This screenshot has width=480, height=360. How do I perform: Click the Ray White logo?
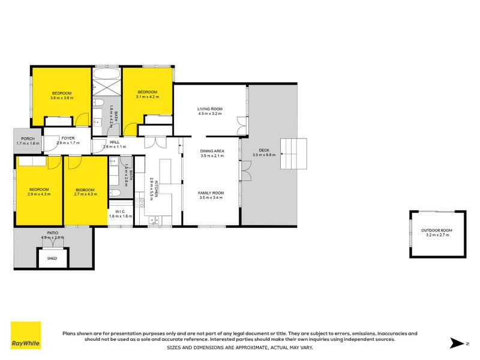coord(26,335)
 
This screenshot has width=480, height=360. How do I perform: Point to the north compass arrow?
coord(457,344)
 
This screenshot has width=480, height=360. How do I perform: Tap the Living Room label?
coord(210,109)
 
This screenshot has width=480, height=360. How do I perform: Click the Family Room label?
coord(211,193)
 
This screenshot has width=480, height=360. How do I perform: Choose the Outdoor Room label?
coord(436,230)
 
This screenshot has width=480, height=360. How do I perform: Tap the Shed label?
coord(53,259)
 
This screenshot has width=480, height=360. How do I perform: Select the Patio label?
coord(52,233)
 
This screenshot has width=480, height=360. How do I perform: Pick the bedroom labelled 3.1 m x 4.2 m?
coord(147,92)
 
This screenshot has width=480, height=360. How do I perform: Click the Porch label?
coord(28,139)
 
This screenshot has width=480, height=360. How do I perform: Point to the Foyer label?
coord(67,139)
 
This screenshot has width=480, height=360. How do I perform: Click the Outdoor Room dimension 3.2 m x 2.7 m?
coord(436,235)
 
